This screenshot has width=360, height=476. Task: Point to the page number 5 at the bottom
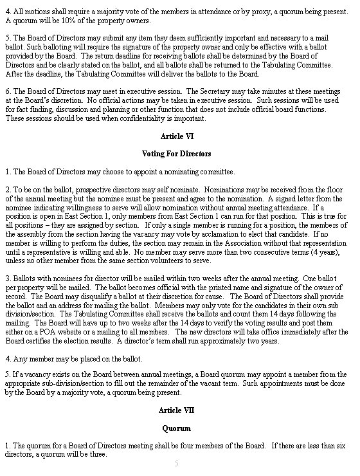(177, 463)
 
